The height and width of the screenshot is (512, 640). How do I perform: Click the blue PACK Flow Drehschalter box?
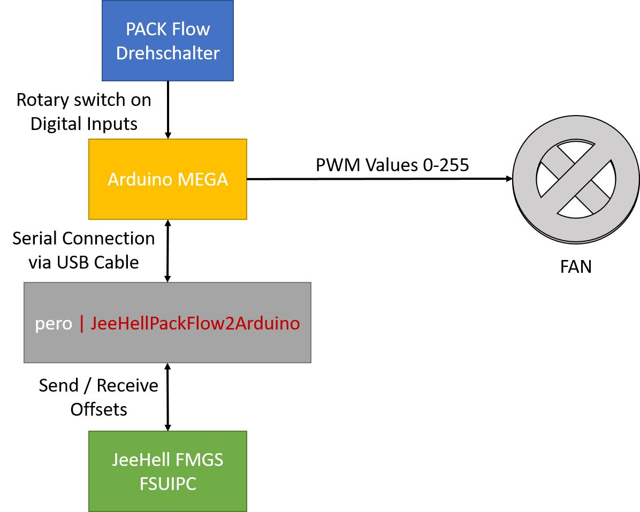pos(167,41)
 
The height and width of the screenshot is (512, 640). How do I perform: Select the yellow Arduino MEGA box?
pos(167,179)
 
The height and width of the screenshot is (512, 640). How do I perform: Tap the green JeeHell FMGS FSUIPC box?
pos(167,471)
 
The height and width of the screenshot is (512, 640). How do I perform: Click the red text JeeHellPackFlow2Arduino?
pos(195,323)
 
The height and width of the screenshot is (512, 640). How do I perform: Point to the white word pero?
pos(54,324)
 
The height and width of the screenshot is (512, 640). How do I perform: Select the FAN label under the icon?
pos(576,266)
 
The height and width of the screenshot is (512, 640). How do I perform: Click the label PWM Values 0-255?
pos(392,165)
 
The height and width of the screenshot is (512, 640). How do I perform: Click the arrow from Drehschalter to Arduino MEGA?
pos(168,110)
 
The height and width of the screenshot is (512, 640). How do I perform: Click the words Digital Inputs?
pos(84,124)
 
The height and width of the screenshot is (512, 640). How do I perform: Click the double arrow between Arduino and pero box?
pos(168,250)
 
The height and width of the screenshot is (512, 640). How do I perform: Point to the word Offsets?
pos(98,409)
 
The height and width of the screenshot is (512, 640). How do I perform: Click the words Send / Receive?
pos(98,385)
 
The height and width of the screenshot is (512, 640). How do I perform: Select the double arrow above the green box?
pos(168,397)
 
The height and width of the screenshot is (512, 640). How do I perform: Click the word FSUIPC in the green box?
pos(167,483)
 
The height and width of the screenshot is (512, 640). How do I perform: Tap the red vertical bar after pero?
pos(82,324)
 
